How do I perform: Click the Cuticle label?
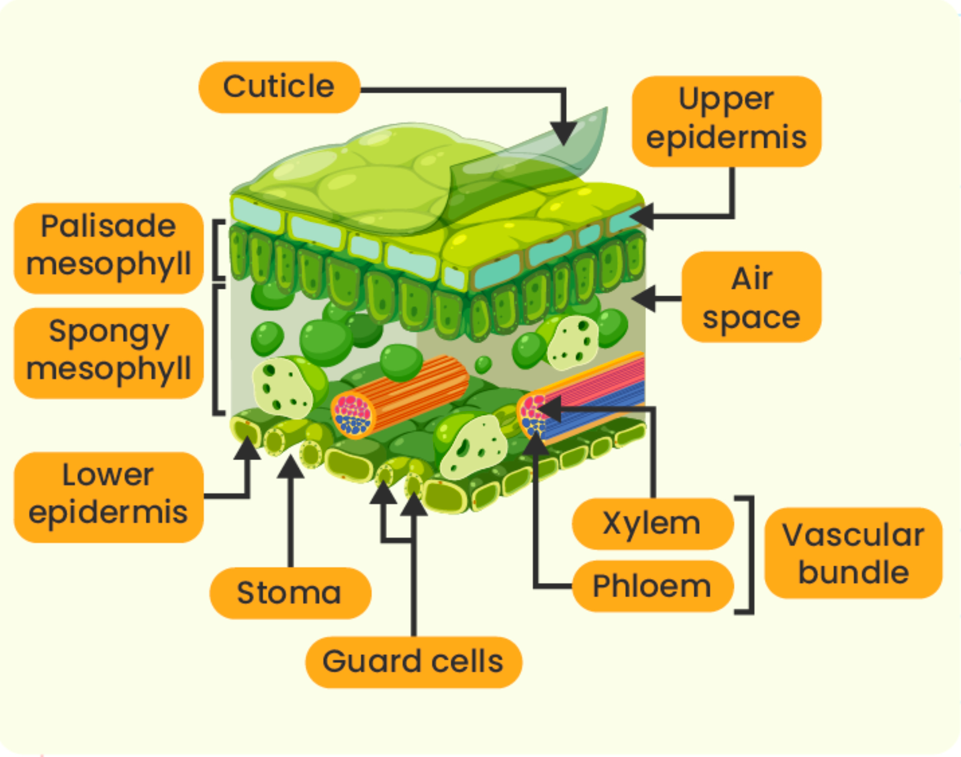click(279, 87)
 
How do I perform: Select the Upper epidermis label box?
click(726, 121)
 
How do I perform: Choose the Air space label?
click(752, 297)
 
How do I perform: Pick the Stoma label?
click(290, 593)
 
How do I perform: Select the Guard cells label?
click(413, 662)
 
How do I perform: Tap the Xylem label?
click(653, 523)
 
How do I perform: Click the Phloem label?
click(653, 586)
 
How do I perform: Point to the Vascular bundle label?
click(853, 553)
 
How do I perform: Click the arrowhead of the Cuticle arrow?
click(563, 133)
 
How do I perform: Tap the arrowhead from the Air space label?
click(643, 298)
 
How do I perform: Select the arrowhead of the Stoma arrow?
click(291, 466)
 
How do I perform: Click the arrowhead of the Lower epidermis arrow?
click(247, 448)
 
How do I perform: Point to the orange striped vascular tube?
click(401, 396)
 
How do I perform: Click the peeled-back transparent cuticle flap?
click(527, 167)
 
